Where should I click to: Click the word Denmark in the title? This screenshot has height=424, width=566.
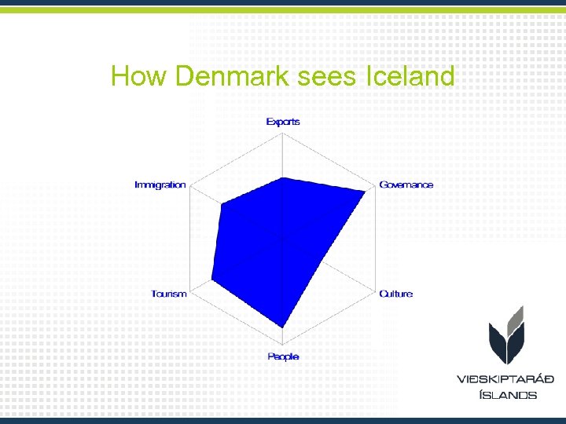point(236,77)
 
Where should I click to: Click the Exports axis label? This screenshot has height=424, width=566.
point(283,122)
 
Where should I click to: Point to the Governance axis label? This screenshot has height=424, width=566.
point(406,185)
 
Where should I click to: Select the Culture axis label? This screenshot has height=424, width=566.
point(395,294)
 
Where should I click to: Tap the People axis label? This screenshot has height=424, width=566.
point(283,356)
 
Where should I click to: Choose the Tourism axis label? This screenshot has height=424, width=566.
point(169,294)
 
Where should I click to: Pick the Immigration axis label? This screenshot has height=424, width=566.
point(160,185)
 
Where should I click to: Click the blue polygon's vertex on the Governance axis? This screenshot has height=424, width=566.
point(366,191)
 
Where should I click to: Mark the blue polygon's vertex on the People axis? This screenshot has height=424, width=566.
point(283,327)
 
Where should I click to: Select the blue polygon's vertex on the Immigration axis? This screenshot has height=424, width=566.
point(222,205)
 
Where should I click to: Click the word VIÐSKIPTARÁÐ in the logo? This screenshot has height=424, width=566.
point(505,379)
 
